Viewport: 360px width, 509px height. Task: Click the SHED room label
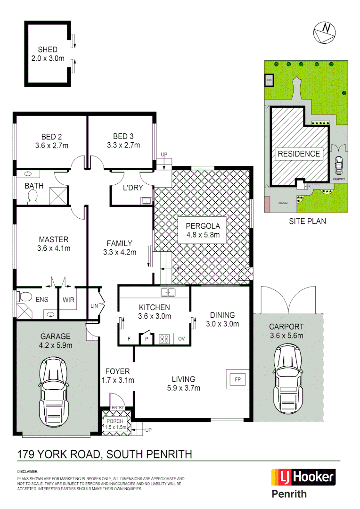coord(48,49)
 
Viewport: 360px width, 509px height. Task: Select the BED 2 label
coord(51,137)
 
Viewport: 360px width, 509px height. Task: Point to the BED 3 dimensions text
coord(123,145)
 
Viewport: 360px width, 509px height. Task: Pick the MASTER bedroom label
coord(53,239)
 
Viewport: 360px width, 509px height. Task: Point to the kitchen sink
coord(168,293)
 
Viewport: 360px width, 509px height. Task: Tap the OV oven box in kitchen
coord(181,339)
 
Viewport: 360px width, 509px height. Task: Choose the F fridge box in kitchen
coord(129,339)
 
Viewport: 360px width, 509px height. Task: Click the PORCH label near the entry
coord(115,421)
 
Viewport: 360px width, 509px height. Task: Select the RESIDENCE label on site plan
coord(298,154)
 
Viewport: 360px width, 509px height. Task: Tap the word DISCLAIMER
coord(28,471)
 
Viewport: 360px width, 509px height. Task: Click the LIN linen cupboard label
coord(93,306)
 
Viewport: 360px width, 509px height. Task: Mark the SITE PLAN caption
coord(307,221)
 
